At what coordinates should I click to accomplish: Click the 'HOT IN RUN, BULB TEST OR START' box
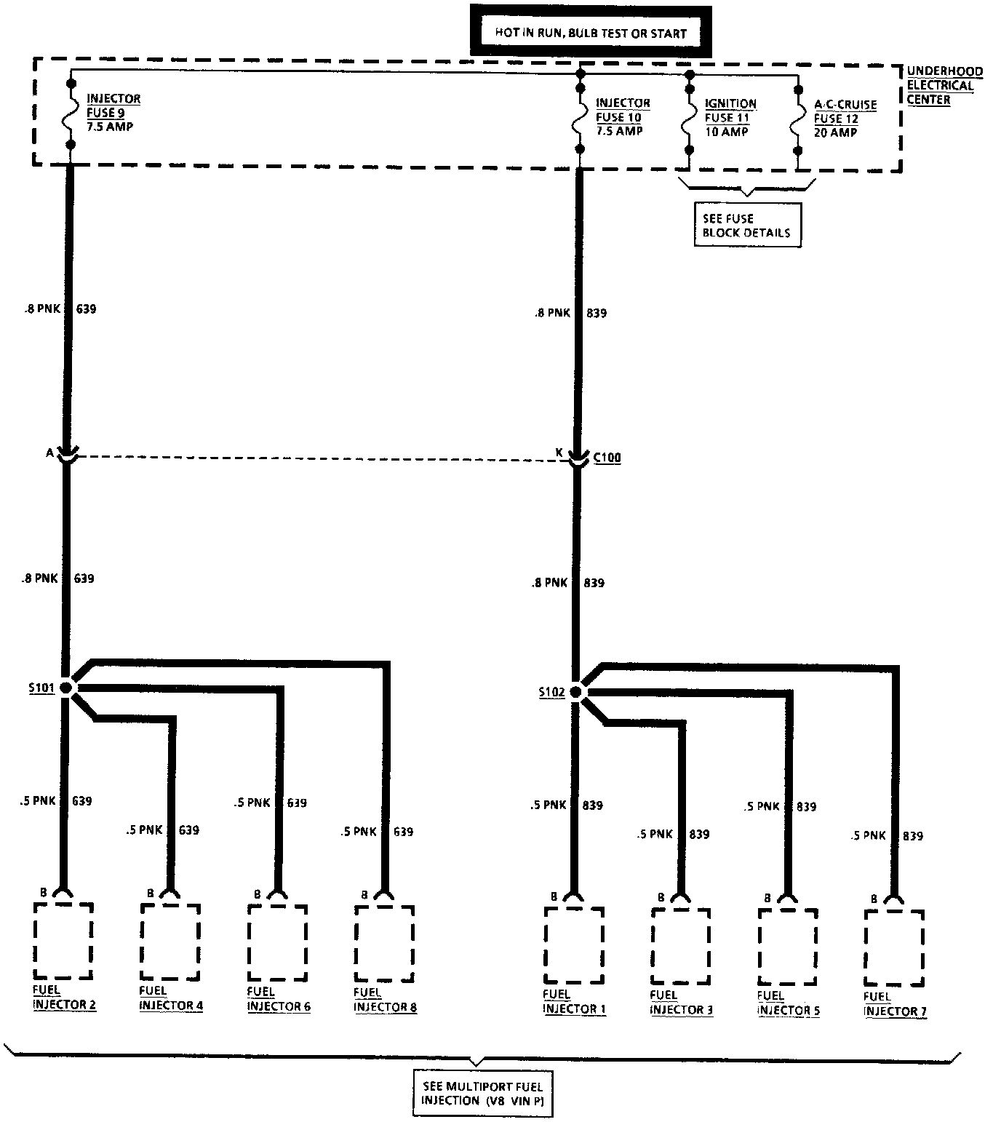click(589, 32)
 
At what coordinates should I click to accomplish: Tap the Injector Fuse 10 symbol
click(580, 119)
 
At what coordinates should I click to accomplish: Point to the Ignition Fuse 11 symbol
click(687, 119)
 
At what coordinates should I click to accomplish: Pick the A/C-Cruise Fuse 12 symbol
click(797, 120)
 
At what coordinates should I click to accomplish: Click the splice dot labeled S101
click(67, 687)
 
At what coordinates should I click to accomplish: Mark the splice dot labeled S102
click(576, 691)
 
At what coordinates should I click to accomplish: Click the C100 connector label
click(607, 458)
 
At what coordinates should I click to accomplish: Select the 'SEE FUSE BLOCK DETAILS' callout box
click(746, 226)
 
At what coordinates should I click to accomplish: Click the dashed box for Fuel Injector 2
click(63, 942)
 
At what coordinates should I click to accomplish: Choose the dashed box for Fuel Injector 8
click(384, 944)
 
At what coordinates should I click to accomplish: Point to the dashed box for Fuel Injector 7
click(895, 947)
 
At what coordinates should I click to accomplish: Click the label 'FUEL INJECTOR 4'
click(171, 998)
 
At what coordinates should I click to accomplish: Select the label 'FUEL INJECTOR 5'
click(789, 1003)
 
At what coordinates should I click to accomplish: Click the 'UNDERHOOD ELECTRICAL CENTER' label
click(943, 85)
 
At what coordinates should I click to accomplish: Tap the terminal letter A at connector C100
click(49, 453)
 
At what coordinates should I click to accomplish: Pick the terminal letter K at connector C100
click(559, 453)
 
